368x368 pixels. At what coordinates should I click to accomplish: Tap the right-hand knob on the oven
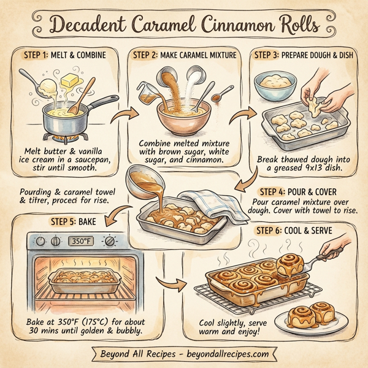point(109,241)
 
